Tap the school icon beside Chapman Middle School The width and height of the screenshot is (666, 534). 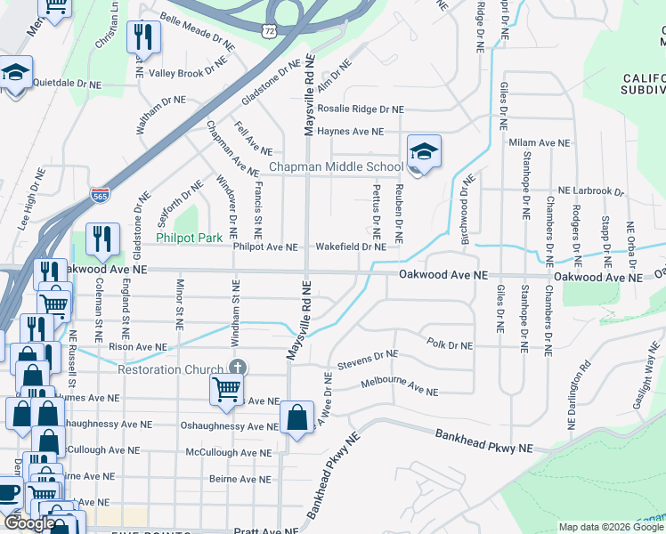pyautogui.click(x=425, y=152)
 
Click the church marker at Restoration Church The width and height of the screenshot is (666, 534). pyautogui.click(x=237, y=368)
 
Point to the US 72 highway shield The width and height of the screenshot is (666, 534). pyautogui.click(x=269, y=31)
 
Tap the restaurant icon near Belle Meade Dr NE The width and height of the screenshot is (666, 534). pyautogui.click(x=142, y=38)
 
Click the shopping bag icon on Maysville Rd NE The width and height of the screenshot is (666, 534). pyautogui.click(x=296, y=417)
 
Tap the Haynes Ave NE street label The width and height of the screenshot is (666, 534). pyautogui.click(x=351, y=131)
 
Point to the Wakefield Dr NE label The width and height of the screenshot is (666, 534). pyautogui.click(x=351, y=247)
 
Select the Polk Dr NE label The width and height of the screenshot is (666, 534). pyautogui.click(x=450, y=343)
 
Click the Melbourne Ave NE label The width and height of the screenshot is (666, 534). pyautogui.click(x=399, y=387)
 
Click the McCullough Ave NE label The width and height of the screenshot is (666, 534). pyautogui.click(x=224, y=452)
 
